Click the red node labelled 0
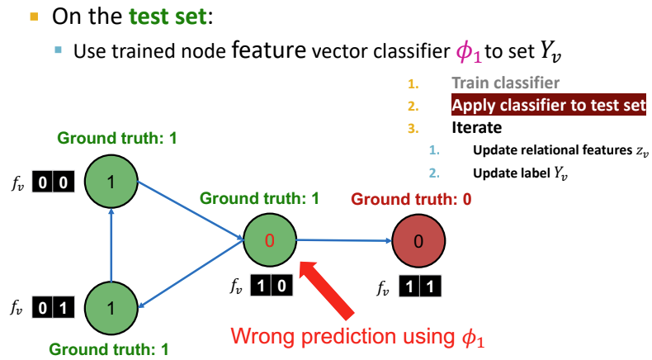(x=417, y=240)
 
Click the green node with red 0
(x=269, y=240)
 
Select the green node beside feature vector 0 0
(x=110, y=182)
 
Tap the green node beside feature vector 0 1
(x=110, y=308)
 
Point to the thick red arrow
(x=330, y=289)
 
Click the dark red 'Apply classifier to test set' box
(x=549, y=106)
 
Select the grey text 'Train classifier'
(x=505, y=83)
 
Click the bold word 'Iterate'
(x=477, y=128)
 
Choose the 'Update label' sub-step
(x=521, y=173)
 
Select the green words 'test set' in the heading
(x=170, y=14)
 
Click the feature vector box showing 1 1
(x=420, y=287)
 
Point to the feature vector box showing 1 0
(x=272, y=287)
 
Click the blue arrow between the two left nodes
(x=110, y=245)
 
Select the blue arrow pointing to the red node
(x=343, y=240)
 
